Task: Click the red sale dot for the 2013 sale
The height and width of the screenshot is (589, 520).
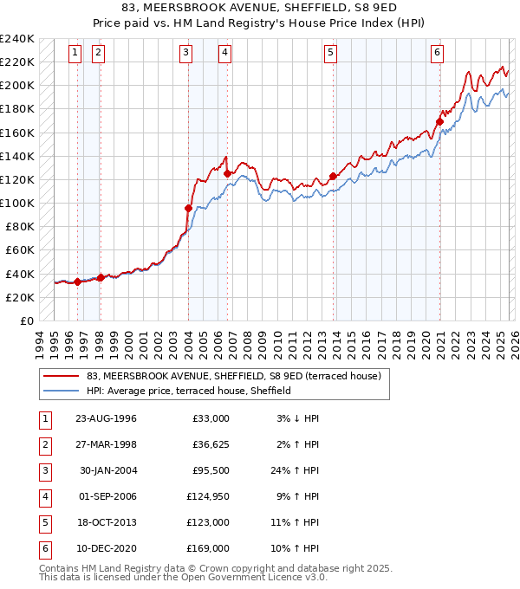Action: [x=333, y=176]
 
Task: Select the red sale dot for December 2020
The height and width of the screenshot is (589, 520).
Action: [x=440, y=122]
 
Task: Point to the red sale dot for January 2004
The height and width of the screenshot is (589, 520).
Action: [x=188, y=208]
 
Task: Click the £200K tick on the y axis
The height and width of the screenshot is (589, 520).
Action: [x=17, y=86]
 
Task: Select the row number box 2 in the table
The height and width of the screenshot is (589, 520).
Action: [x=43, y=444]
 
